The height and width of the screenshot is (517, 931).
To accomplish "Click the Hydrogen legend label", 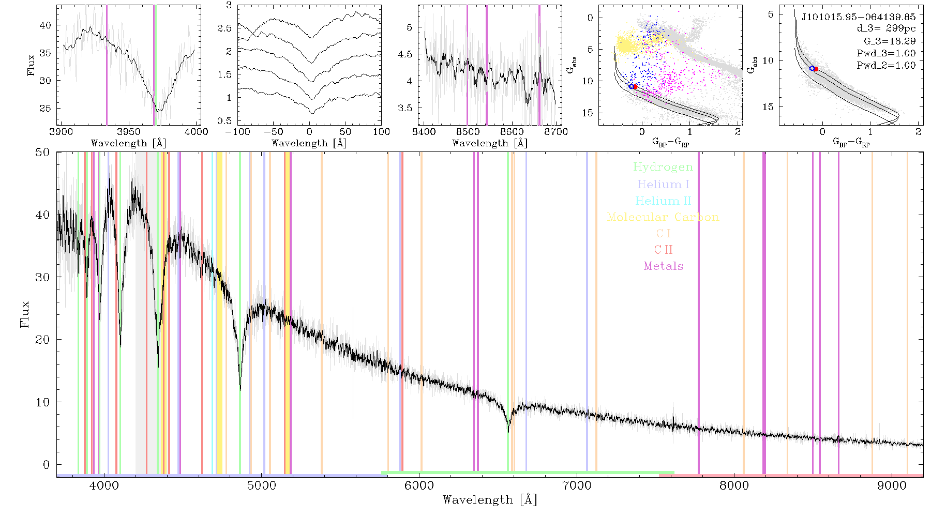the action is pyautogui.click(x=663, y=167).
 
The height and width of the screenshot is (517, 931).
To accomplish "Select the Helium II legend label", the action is pyautogui.click(x=663, y=201).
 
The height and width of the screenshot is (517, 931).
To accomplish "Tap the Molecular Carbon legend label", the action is pyautogui.click(x=663, y=217).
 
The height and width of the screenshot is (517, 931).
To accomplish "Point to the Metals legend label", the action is pyautogui.click(x=664, y=266).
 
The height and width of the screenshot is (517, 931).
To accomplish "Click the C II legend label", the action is pyautogui.click(x=664, y=250).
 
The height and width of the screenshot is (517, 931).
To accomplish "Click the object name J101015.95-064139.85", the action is pyautogui.click(x=859, y=17).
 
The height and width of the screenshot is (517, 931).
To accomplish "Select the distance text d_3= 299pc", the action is pyautogui.click(x=879, y=28).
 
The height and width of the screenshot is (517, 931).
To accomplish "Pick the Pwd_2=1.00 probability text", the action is pyautogui.click(x=886, y=65).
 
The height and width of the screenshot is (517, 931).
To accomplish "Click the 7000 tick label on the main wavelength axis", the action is pyautogui.click(x=576, y=485).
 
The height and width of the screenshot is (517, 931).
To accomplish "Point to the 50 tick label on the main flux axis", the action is pyautogui.click(x=43, y=153).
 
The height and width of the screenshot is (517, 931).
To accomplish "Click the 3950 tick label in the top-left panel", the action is pyautogui.click(x=129, y=131).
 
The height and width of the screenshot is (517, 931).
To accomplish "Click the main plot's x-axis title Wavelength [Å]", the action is pyautogui.click(x=490, y=500).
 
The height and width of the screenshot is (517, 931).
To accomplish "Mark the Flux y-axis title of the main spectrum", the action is pyautogui.click(x=25, y=314).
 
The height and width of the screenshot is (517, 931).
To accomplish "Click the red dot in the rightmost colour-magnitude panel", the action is pyautogui.click(x=816, y=69).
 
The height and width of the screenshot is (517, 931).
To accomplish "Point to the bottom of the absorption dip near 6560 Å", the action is pyautogui.click(x=508, y=432).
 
